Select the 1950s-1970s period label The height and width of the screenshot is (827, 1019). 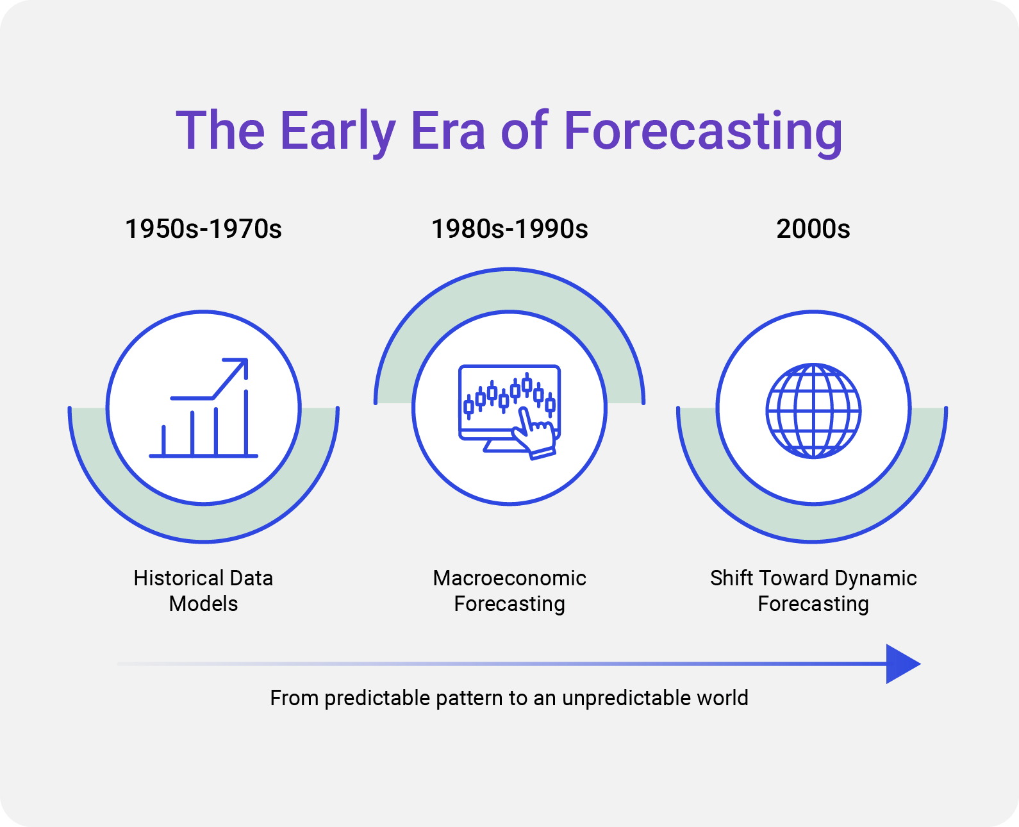click(203, 229)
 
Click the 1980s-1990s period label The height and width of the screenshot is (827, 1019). click(509, 229)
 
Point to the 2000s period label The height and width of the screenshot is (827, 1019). click(813, 229)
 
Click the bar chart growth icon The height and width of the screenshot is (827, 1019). click(204, 408)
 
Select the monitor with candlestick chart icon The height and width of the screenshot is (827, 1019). click(509, 412)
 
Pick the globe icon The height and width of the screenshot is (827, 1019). click(813, 411)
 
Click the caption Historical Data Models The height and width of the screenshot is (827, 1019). click(203, 590)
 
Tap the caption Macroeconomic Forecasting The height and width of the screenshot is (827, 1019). click(509, 591)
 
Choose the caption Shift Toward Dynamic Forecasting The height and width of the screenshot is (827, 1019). click(813, 591)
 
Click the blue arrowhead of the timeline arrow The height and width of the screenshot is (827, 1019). click(901, 664)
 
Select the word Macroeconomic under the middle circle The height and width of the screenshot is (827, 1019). click(509, 578)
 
